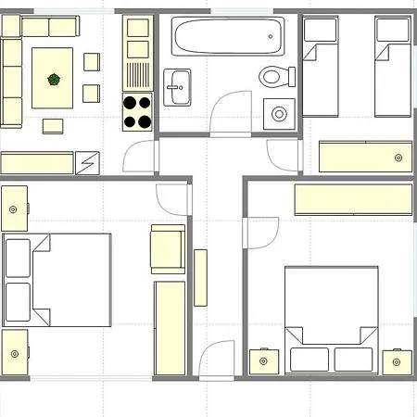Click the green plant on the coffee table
click(x=55, y=80)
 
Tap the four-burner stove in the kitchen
click(x=138, y=112)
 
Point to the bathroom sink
click(x=178, y=85)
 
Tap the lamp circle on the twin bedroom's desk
click(x=398, y=157)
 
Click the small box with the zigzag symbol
click(x=89, y=162)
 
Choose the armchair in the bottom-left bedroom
click(x=167, y=249)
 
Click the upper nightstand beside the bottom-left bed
click(x=14, y=208)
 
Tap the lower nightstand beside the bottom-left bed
click(x=14, y=352)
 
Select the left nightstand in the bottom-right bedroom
click(x=263, y=360)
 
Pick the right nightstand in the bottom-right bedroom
click(x=398, y=360)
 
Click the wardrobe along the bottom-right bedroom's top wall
click(x=352, y=198)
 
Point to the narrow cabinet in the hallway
click(x=199, y=278)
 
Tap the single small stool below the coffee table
click(x=53, y=124)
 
